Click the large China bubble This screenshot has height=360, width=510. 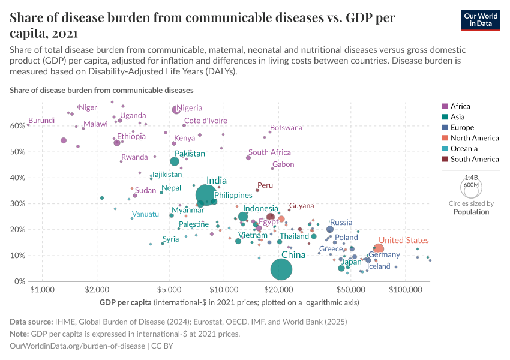[281, 269]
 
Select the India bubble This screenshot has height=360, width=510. [206, 195]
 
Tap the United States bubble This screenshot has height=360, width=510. [379, 249]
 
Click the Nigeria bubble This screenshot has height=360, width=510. [176, 110]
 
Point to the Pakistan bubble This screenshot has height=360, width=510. [175, 161]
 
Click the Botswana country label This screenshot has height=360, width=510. [286, 128]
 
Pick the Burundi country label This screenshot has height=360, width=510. [42, 121]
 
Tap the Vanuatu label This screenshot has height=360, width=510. [145, 214]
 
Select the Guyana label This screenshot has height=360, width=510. [301, 206]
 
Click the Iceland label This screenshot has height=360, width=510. [379, 266]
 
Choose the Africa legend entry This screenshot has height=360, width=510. [461, 106]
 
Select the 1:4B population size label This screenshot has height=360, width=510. [472, 178]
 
